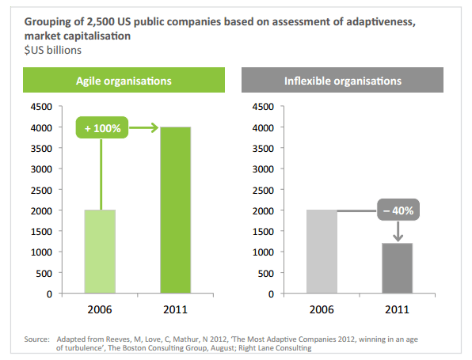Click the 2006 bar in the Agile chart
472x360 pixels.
click(100, 252)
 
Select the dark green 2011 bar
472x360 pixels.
click(176, 210)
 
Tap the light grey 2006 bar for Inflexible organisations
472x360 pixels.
click(322, 252)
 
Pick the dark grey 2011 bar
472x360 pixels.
click(398, 268)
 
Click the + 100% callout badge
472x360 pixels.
click(102, 127)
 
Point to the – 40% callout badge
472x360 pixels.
click(398, 210)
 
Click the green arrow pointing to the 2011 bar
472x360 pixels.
click(144, 127)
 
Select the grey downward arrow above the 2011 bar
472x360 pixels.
click(398, 231)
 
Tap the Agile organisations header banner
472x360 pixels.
click(124, 80)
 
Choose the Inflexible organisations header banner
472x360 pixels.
click(343, 80)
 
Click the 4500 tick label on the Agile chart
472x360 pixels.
click(41, 107)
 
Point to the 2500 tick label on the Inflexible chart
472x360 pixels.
click(263, 191)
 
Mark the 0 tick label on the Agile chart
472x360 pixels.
click(49, 294)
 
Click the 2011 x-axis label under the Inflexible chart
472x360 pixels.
click(397, 309)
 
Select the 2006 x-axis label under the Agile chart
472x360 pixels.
click(100, 309)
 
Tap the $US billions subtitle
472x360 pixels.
click(53, 50)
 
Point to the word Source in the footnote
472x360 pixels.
click(36, 339)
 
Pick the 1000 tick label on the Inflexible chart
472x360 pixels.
click(263, 252)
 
